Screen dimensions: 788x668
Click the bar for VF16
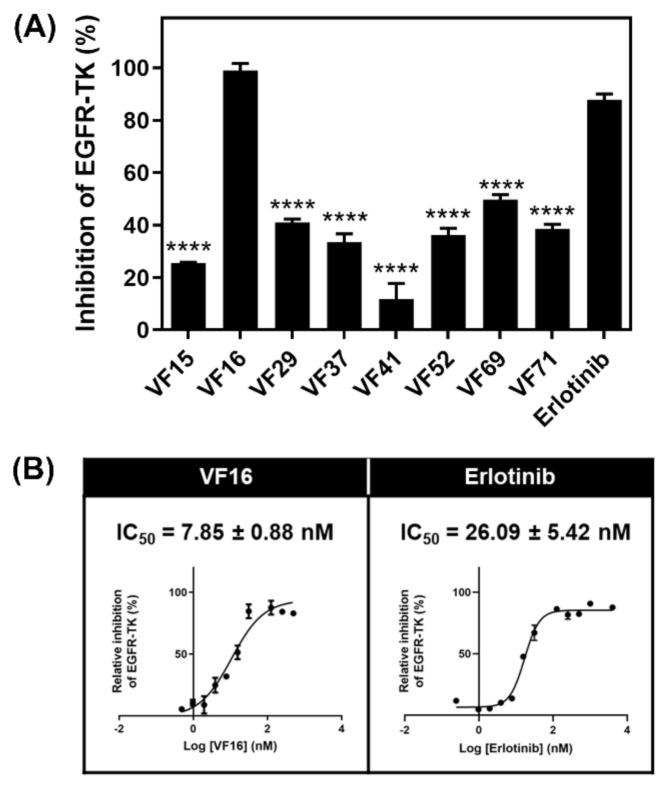point(240,200)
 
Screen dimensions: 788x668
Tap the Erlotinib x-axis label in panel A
point(586,385)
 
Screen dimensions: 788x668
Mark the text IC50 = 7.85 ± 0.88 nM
point(225,533)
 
